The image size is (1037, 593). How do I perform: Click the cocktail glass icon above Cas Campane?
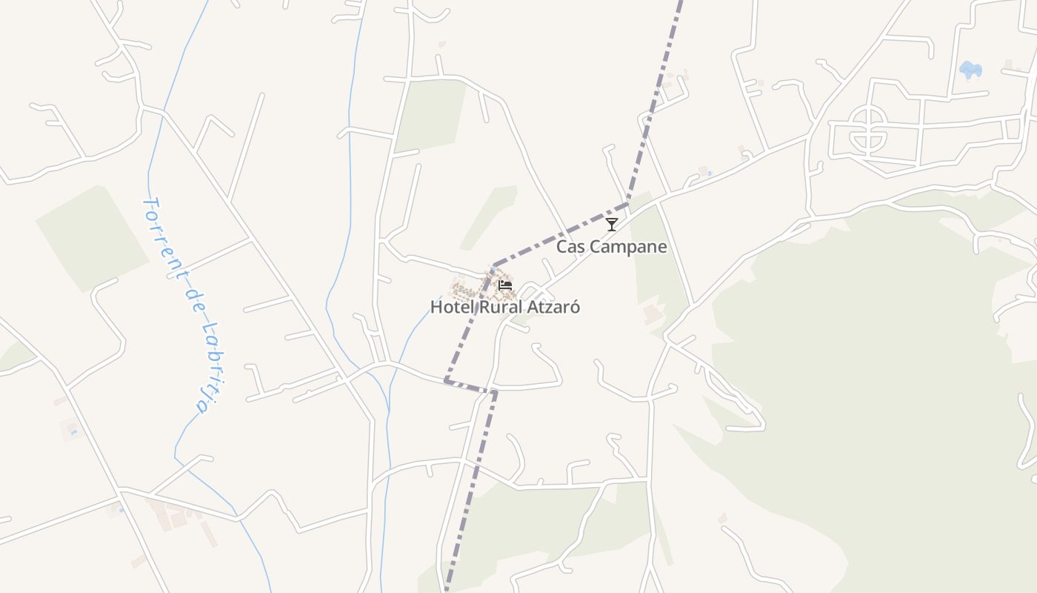tap(611, 224)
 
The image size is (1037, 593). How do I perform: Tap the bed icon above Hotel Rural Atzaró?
tap(505, 285)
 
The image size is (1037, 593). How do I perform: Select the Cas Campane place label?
tap(611, 247)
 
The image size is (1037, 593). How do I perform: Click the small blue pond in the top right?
tap(970, 70)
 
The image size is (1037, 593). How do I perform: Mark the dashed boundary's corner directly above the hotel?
tap(494, 265)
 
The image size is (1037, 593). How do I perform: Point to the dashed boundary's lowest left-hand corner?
tap(445, 380)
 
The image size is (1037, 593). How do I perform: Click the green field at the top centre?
tap(430, 115)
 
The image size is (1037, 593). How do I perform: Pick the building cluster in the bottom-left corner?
tap(174, 515)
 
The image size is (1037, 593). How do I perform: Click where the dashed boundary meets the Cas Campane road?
tap(628, 203)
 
